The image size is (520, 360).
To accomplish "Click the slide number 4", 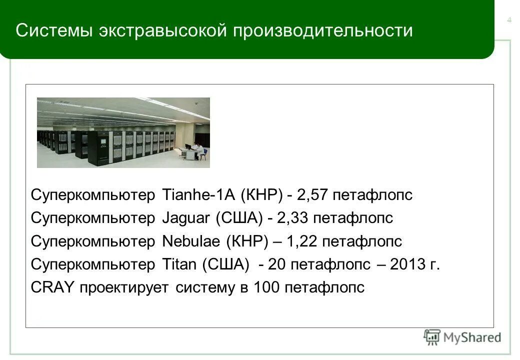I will [x=509, y=20].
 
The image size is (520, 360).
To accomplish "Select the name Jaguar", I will [x=187, y=218].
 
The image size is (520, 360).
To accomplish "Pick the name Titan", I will [x=179, y=265].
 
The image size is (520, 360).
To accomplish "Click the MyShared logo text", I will [x=472, y=337].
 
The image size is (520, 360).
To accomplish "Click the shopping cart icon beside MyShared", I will [x=432, y=337].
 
